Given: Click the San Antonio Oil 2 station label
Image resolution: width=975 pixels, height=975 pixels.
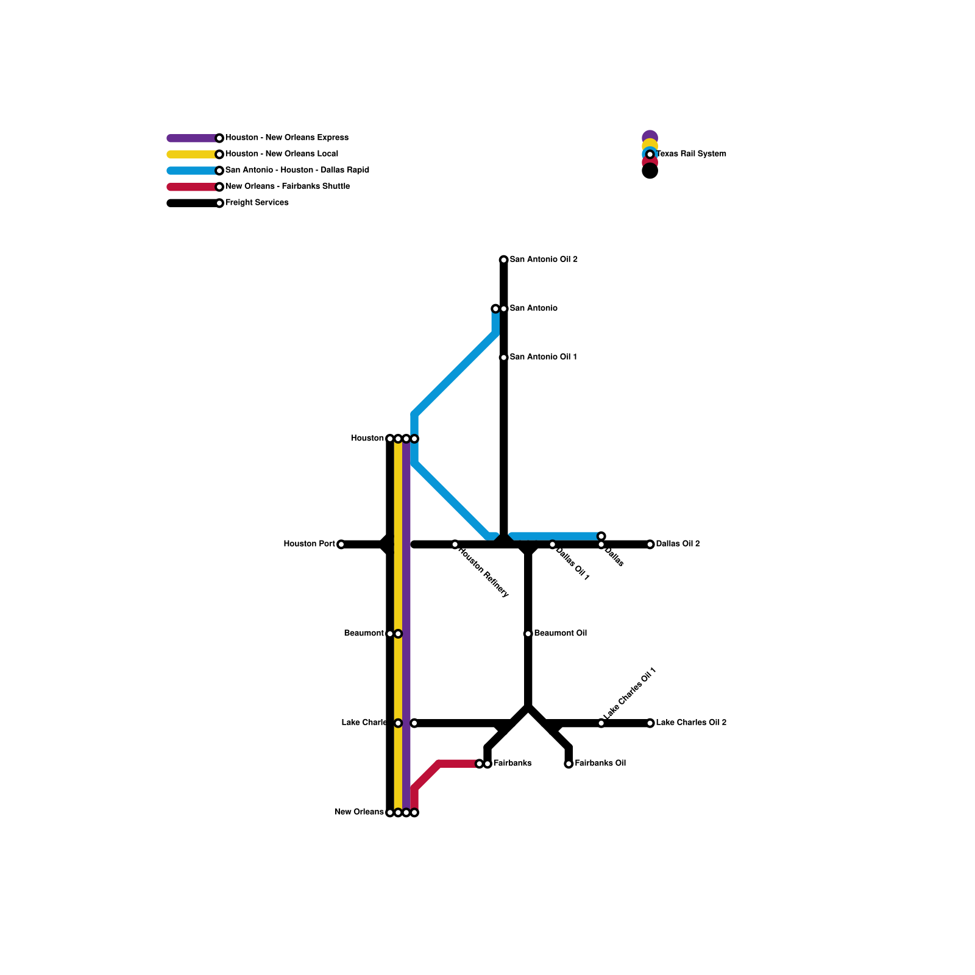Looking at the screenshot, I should click(544, 260).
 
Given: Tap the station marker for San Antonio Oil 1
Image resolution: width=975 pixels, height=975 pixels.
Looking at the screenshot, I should click(504, 358).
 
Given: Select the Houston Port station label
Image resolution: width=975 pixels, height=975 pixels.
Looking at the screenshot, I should click(309, 544).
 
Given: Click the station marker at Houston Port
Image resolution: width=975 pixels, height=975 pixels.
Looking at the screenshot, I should click(341, 544).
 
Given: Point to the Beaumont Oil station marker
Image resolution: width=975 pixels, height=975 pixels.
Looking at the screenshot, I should click(528, 634).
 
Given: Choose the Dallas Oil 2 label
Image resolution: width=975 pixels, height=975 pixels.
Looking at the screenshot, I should click(678, 544).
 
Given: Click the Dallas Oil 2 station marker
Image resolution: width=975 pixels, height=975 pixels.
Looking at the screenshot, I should click(650, 544).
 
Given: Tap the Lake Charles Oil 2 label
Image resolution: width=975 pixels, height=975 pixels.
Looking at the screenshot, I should click(691, 723).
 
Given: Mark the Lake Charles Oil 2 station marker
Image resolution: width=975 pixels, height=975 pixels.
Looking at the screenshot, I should click(650, 723).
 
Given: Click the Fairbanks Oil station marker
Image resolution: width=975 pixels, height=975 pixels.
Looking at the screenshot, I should click(569, 764).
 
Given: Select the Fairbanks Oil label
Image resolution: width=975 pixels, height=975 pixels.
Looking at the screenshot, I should click(600, 763).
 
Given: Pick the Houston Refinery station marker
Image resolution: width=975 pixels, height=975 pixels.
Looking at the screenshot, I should click(455, 544).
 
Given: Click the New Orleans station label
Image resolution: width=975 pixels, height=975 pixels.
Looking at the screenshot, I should click(359, 812).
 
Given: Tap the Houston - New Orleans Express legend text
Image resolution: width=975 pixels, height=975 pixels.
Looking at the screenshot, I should click(286, 138).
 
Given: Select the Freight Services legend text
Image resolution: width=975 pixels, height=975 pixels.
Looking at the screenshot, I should click(257, 202).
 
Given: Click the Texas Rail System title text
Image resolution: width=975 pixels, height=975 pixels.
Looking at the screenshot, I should click(691, 154).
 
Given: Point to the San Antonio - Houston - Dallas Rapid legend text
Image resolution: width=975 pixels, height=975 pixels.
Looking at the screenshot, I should click(297, 170).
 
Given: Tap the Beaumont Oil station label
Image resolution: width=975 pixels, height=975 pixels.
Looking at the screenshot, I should click(560, 633).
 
